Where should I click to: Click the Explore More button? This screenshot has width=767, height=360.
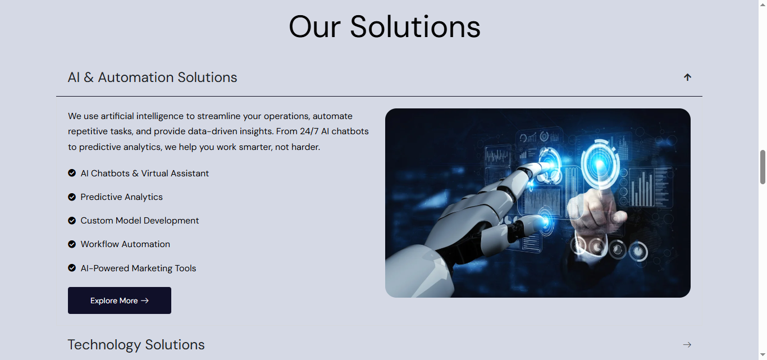coord(120,300)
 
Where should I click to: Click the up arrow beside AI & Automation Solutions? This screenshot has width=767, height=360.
coord(687,78)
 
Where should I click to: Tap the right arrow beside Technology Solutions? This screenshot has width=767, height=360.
coord(687,345)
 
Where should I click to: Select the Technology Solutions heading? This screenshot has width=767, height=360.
coord(136,345)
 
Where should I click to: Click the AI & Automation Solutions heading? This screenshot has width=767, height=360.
coord(152,78)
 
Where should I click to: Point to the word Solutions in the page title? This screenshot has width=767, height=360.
coord(415,27)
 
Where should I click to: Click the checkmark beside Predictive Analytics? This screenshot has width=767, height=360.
coord(72,197)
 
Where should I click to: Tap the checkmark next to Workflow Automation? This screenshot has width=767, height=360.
coord(72,244)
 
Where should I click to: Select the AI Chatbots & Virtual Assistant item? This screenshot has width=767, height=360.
coord(144,174)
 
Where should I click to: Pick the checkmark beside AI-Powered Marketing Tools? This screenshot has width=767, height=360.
coord(72,268)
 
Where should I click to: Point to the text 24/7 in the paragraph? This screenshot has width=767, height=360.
coord(309,131)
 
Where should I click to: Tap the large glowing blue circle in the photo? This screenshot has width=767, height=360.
coord(600,165)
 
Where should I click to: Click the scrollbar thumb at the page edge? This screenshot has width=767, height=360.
coord(763,167)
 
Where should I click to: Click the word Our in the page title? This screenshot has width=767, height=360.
coord(314,27)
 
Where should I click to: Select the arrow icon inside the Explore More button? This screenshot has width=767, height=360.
coord(145,300)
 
